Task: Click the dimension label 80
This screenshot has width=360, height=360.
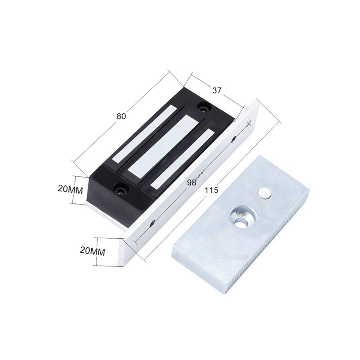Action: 121,116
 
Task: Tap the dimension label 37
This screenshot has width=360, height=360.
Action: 217,90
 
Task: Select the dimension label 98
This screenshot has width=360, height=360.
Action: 192,183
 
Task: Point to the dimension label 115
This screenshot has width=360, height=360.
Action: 211,190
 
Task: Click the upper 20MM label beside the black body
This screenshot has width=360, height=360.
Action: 70,189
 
